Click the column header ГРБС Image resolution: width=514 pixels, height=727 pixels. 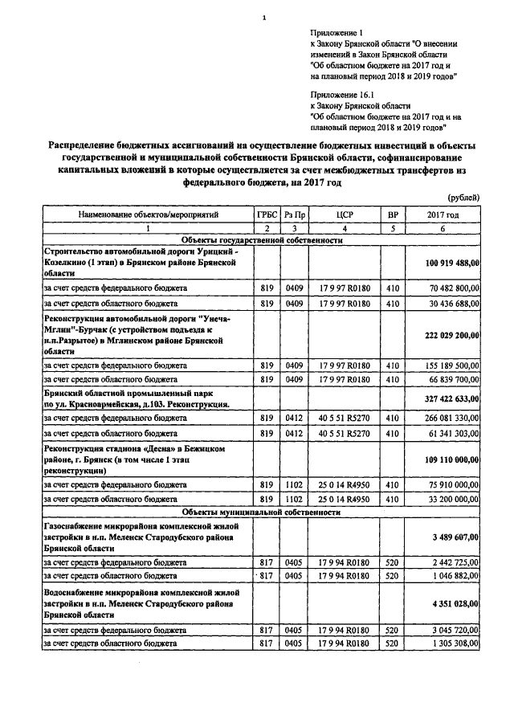(x=267, y=216)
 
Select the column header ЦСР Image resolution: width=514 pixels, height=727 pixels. (x=345, y=216)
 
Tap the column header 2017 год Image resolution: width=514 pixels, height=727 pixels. (x=443, y=216)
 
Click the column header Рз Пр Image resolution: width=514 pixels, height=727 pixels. (x=295, y=216)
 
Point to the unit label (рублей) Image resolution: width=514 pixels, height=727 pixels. (x=463, y=197)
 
